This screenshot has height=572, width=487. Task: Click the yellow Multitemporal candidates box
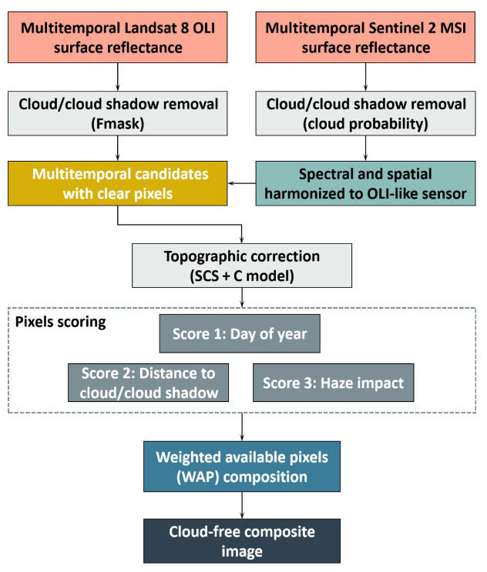pyautogui.click(x=118, y=184)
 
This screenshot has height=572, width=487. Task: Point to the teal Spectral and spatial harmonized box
pyautogui.click(x=365, y=184)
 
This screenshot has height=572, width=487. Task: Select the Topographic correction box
pyautogui.click(x=243, y=264)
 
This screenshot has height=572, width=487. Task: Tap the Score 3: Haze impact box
pyautogui.click(x=333, y=381)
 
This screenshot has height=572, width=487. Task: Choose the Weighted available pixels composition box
pyautogui.click(x=243, y=467)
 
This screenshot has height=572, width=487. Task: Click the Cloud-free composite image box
pyautogui.click(x=243, y=541)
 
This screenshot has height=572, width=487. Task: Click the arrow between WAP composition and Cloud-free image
pyautogui.click(x=243, y=505)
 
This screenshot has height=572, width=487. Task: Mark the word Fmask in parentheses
pyautogui.click(x=118, y=122)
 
